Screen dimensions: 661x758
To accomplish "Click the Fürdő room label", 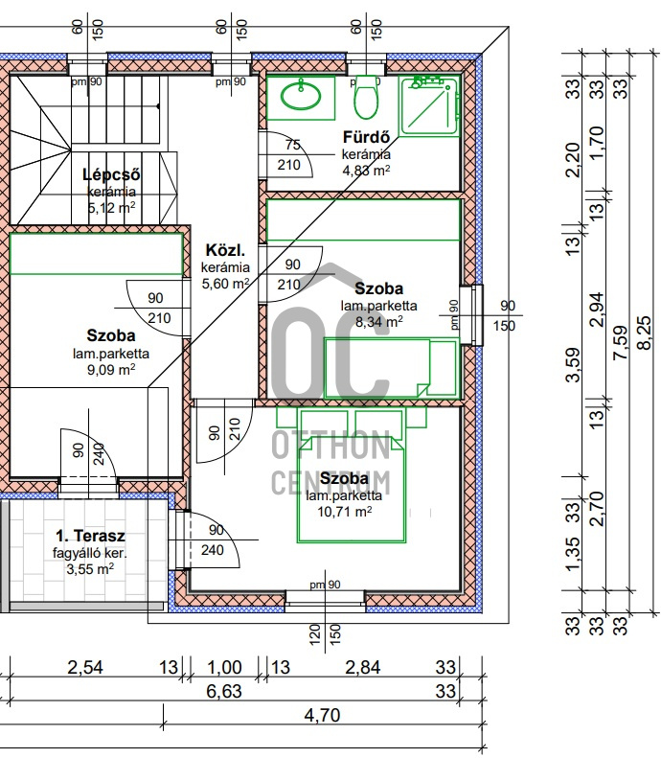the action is tap(366, 137).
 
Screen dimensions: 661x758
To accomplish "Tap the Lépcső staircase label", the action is tap(111, 174).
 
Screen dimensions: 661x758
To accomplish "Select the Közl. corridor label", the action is tap(225, 250).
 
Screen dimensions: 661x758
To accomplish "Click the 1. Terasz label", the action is tap(90, 536).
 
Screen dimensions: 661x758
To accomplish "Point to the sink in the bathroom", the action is tap(301, 97).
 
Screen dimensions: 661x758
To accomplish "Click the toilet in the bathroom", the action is tap(366, 97).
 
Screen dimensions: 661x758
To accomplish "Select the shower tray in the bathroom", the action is tap(429, 105).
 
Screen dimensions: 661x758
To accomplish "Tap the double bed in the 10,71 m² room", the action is tap(351, 489).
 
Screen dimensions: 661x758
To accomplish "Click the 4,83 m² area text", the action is tap(366, 171).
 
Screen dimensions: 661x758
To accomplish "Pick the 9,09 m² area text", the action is tap(111, 370).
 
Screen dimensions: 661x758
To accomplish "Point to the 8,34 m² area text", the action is tap(378, 321).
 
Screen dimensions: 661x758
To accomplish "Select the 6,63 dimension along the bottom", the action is tap(224, 691).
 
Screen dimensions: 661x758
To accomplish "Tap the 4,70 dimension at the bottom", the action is tap(322, 715).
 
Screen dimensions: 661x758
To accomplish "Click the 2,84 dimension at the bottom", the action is tap(363, 668).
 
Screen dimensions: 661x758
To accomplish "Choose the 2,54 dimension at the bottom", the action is tap(85, 668).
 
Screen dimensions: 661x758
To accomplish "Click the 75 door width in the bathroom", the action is tap(293, 145).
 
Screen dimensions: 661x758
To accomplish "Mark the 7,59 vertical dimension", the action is tap(621, 342).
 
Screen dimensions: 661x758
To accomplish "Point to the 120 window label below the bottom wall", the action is tap(314, 634).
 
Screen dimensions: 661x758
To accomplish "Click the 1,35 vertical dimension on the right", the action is tap(573, 554).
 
